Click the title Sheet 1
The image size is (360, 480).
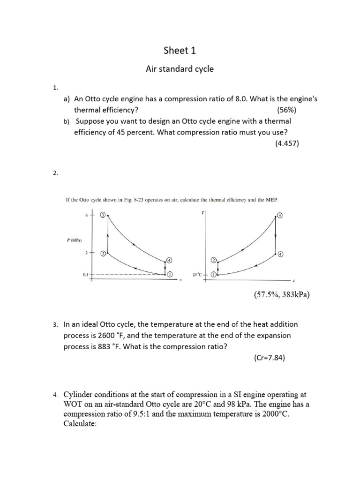point(180,51)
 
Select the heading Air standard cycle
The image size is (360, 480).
point(180,69)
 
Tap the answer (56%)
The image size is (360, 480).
point(286,110)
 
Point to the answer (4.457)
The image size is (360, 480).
point(287,144)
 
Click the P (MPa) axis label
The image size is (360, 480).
point(75,241)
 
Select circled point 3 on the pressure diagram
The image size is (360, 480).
point(103,215)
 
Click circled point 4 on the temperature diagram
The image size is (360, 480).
point(280,255)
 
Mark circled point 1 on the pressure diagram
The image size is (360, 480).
point(170,274)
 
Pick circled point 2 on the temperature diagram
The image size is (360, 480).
point(214,260)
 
